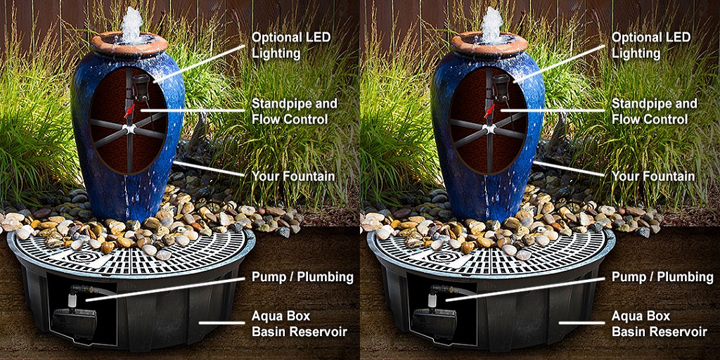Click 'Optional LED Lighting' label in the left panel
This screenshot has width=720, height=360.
[291, 45]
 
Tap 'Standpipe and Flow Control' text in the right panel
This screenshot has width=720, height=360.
[654, 111]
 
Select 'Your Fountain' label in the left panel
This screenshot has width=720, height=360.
[293, 176]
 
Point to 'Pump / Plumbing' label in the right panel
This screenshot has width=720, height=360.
[662, 277]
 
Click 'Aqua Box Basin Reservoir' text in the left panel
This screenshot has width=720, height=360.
[299, 323]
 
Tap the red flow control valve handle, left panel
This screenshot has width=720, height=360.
[130, 110]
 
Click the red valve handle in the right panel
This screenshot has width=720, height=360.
[490, 110]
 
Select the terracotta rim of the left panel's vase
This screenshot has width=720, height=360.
[129, 44]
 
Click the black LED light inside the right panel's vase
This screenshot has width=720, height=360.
[501, 86]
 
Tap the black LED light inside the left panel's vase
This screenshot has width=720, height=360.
[141, 86]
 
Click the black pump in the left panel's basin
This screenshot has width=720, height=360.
[73, 322]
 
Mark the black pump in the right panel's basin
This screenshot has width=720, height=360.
[433, 322]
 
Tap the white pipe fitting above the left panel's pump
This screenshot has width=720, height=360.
[72, 300]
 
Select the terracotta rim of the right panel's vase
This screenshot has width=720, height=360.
[489, 44]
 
